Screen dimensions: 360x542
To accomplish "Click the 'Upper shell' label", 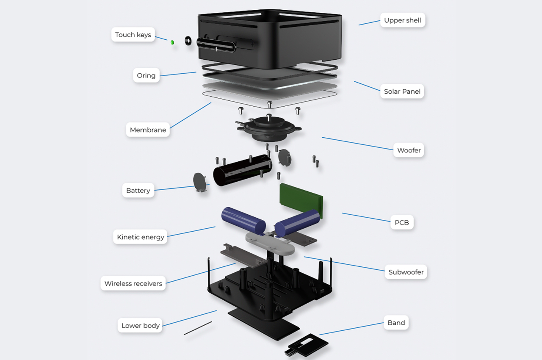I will [402, 20].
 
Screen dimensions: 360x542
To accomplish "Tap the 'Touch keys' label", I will [133, 35].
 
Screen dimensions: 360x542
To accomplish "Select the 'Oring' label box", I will [146, 75].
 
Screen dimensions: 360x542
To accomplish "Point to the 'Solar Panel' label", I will [402, 91].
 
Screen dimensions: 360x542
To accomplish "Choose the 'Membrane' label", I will [148, 130].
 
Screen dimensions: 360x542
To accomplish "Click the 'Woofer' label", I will [409, 150].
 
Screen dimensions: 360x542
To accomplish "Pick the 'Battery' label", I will [138, 190].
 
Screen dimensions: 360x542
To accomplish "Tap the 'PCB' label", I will [401, 222].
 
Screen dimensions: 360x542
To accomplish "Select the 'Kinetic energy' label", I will [141, 237].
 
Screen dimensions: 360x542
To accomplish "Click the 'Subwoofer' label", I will [406, 272].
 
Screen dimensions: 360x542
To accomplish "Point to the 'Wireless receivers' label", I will [133, 283].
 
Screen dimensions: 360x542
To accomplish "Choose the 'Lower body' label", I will [141, 325].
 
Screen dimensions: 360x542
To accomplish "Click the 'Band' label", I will [396, 323].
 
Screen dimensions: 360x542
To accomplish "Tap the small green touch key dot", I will [172, 42].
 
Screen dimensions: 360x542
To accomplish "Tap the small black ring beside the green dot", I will [188, 41].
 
